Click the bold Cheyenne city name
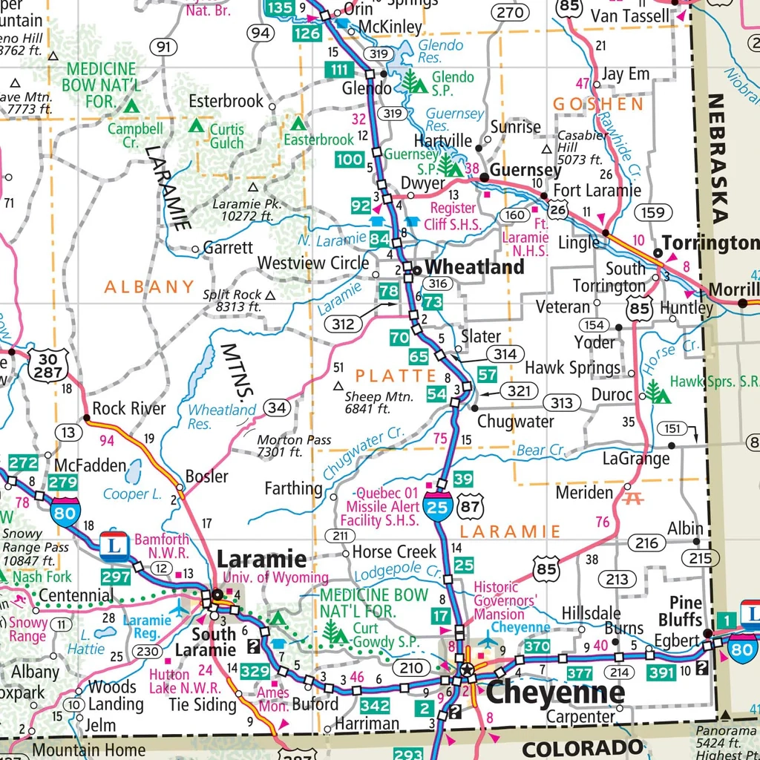554,693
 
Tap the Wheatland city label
474,267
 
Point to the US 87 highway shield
471,507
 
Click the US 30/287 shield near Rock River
48,364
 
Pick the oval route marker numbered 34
277,407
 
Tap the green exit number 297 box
117,577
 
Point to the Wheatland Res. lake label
221,416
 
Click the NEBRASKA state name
718,159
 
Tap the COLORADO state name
581,747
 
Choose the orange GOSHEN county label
598,105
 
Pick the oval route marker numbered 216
646,543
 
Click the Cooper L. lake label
132,494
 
